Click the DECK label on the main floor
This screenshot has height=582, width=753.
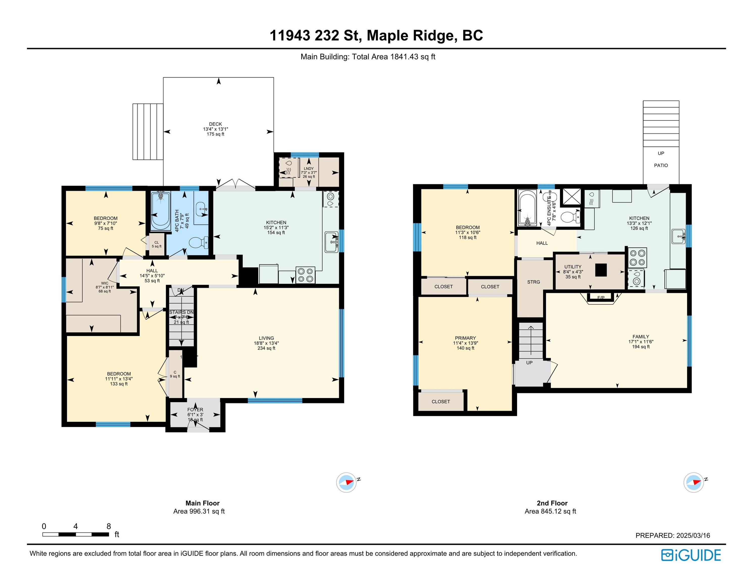point(215,124)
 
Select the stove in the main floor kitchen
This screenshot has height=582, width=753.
point(305,275)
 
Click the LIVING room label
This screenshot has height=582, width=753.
point(266,338)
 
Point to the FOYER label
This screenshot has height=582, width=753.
point(195,410)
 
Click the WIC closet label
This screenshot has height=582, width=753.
point(105,283)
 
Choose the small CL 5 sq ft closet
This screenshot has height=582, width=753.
point(157,244)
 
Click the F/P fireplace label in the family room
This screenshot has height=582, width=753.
point(601,298)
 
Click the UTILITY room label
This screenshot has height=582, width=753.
point(573,267)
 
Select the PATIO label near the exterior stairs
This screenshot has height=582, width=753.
point(661,165)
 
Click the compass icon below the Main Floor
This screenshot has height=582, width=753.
point(346,482)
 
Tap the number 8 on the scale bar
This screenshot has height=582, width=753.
point(109,526)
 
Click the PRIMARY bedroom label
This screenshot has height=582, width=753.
point(465,338)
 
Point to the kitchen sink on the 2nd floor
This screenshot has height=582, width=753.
point(678,236)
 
